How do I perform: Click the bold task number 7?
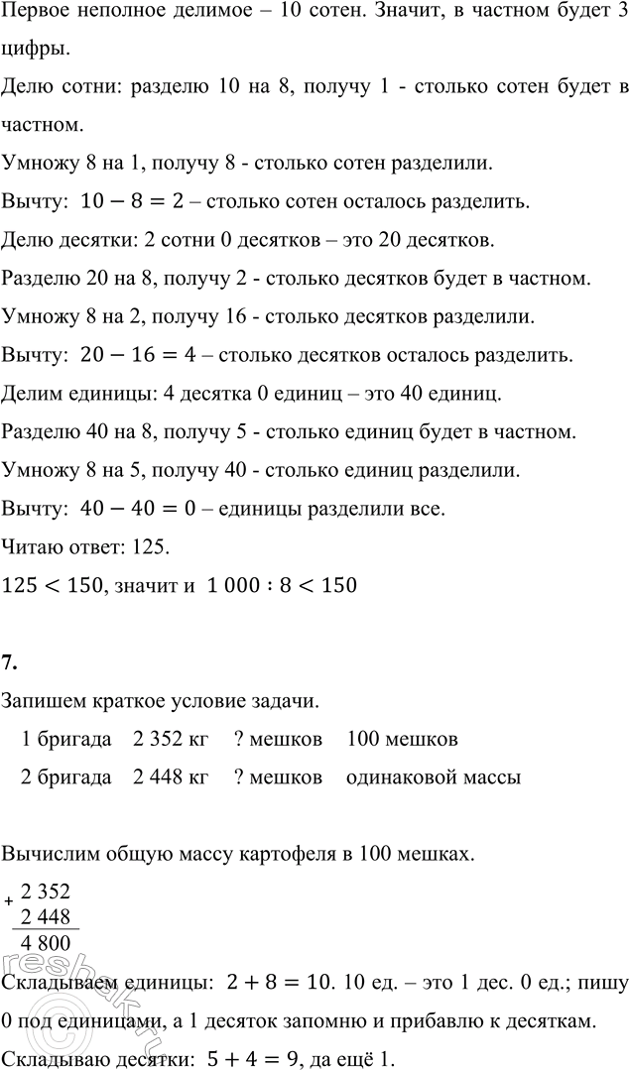[10, 663]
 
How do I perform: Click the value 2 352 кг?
[171, 740]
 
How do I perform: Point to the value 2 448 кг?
[171, 777]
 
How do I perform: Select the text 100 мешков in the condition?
[403, 740]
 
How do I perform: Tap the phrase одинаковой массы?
[434, 777]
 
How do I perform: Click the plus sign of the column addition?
[9, 900]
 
